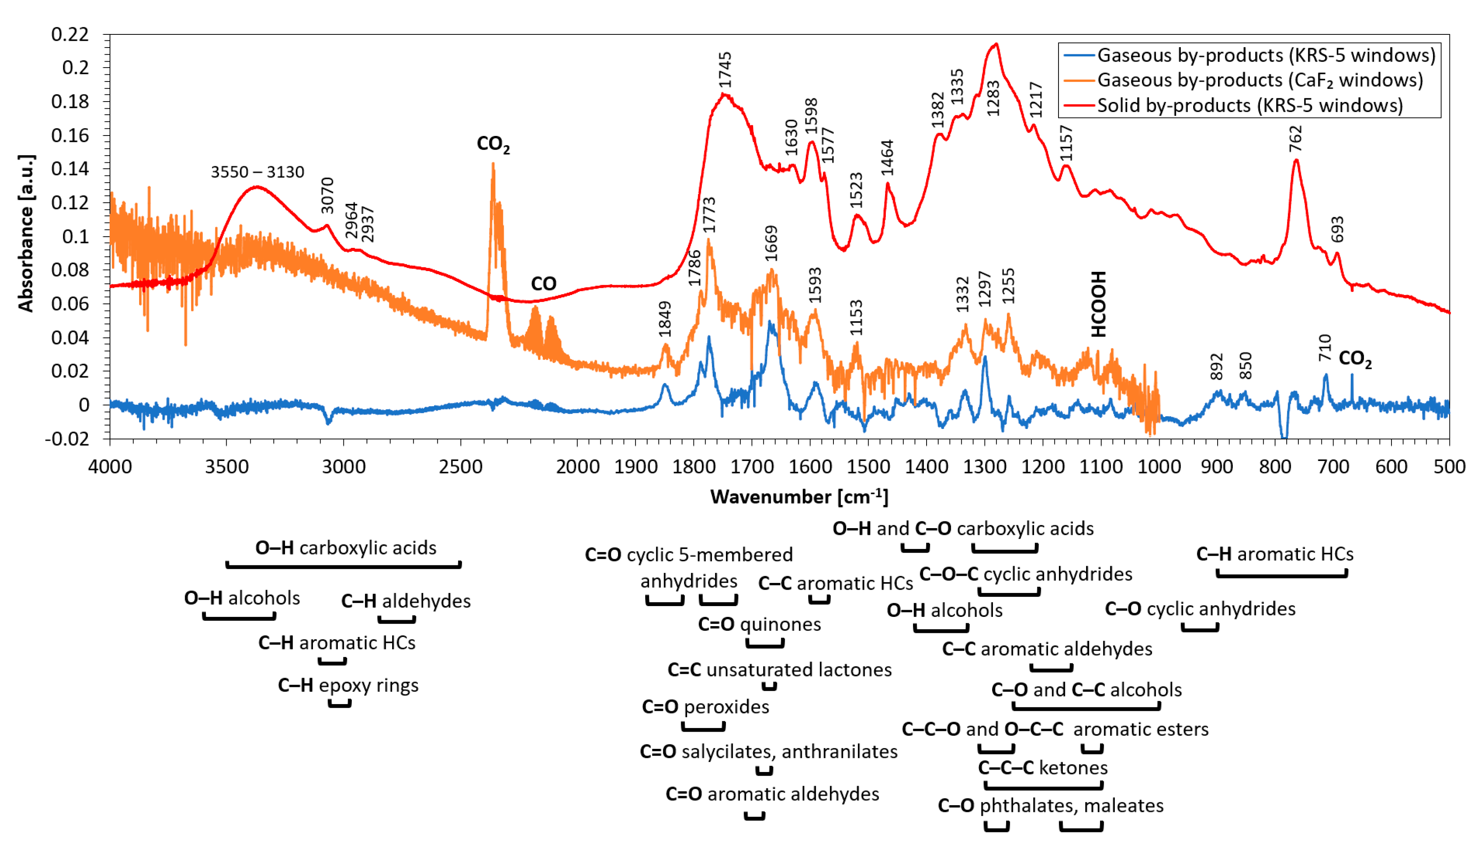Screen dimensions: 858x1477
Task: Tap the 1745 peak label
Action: coord(725,70)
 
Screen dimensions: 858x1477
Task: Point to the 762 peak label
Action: coord(1295,138)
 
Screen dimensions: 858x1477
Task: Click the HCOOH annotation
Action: coord(1098,303)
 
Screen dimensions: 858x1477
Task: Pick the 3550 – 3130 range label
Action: coord(257,172)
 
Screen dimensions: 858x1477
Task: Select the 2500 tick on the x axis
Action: coord(460,467)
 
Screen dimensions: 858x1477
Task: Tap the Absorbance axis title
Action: coord(26,233)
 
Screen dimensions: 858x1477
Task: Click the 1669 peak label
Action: coord(771,243)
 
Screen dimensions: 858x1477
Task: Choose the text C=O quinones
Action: coord(759,624)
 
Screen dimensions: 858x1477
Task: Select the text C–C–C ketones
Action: coord(1042,767)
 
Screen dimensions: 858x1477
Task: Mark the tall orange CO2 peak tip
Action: coord(493,164)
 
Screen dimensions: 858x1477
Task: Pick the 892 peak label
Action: coord(1217,366)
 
